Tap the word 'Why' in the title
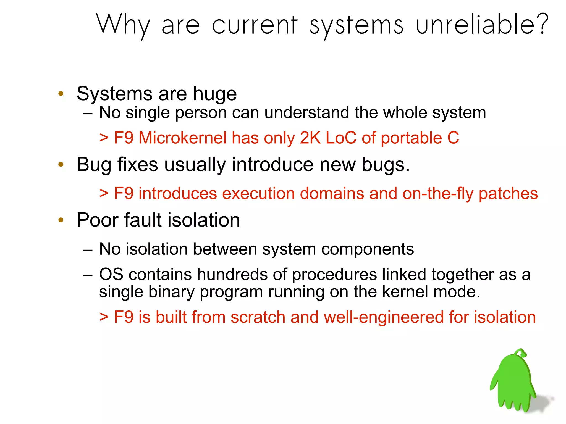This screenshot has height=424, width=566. coord(123,25)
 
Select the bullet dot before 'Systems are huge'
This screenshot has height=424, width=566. coord(61,94)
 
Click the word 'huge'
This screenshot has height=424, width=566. coord(215,94)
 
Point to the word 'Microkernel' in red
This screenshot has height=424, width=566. coord(182,138)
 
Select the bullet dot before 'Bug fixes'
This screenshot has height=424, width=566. coord(61,165)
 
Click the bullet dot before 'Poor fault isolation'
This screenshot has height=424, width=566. coord(61,220)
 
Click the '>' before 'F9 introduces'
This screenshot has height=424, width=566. coord(104,193)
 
